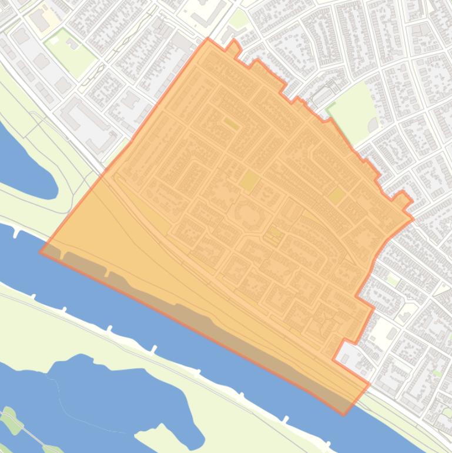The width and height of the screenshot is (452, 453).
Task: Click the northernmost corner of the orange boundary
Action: pos(207,39)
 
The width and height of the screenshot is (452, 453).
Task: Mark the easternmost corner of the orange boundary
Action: pos(413,219)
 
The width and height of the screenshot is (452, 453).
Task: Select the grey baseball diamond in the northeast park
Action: pos(371,125)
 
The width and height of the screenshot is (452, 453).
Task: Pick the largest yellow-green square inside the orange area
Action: pos(249,181)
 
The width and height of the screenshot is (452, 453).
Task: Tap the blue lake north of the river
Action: pos(24,159)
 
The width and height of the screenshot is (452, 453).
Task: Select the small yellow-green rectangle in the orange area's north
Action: pos(231,124)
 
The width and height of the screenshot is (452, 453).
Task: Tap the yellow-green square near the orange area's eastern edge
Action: pos(336,195)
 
